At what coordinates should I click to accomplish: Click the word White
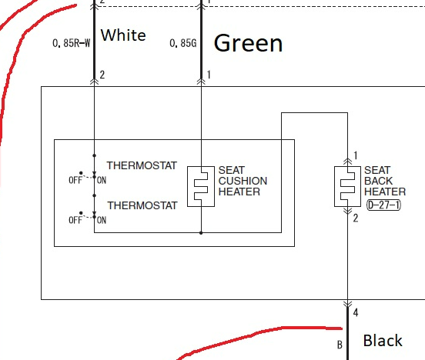tap(123, 35)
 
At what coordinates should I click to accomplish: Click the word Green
tap(248, 43)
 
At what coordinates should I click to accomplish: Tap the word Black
tap(383, 341)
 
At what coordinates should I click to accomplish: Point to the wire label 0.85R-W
tap(72, 43)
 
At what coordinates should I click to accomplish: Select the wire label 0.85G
tap(183, 43)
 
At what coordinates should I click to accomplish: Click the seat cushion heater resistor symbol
tap(201, 187)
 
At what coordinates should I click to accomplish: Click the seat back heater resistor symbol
tap(347, 187)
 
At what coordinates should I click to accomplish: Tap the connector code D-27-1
tap(383, 205)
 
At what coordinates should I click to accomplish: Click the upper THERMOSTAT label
tap(142, 165)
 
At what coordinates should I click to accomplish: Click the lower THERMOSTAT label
tap(142, 205)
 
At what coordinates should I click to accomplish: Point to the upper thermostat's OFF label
tap(75, 180)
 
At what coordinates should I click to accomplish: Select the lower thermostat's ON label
tap(102, 220)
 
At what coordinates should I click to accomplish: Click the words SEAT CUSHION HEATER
tap(243, 181)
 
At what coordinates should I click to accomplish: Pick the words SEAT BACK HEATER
tap(385, 181)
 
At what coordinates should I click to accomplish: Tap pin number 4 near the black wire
tap(356, 312)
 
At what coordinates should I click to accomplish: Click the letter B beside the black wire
tap(340, 345)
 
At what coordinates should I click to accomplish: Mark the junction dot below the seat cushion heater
tap(201, 232)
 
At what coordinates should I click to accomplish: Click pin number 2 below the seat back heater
tap(356, 218)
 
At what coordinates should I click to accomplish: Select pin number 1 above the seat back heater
tap(356, 155)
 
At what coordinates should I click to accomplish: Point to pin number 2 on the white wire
tap(102, 75)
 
